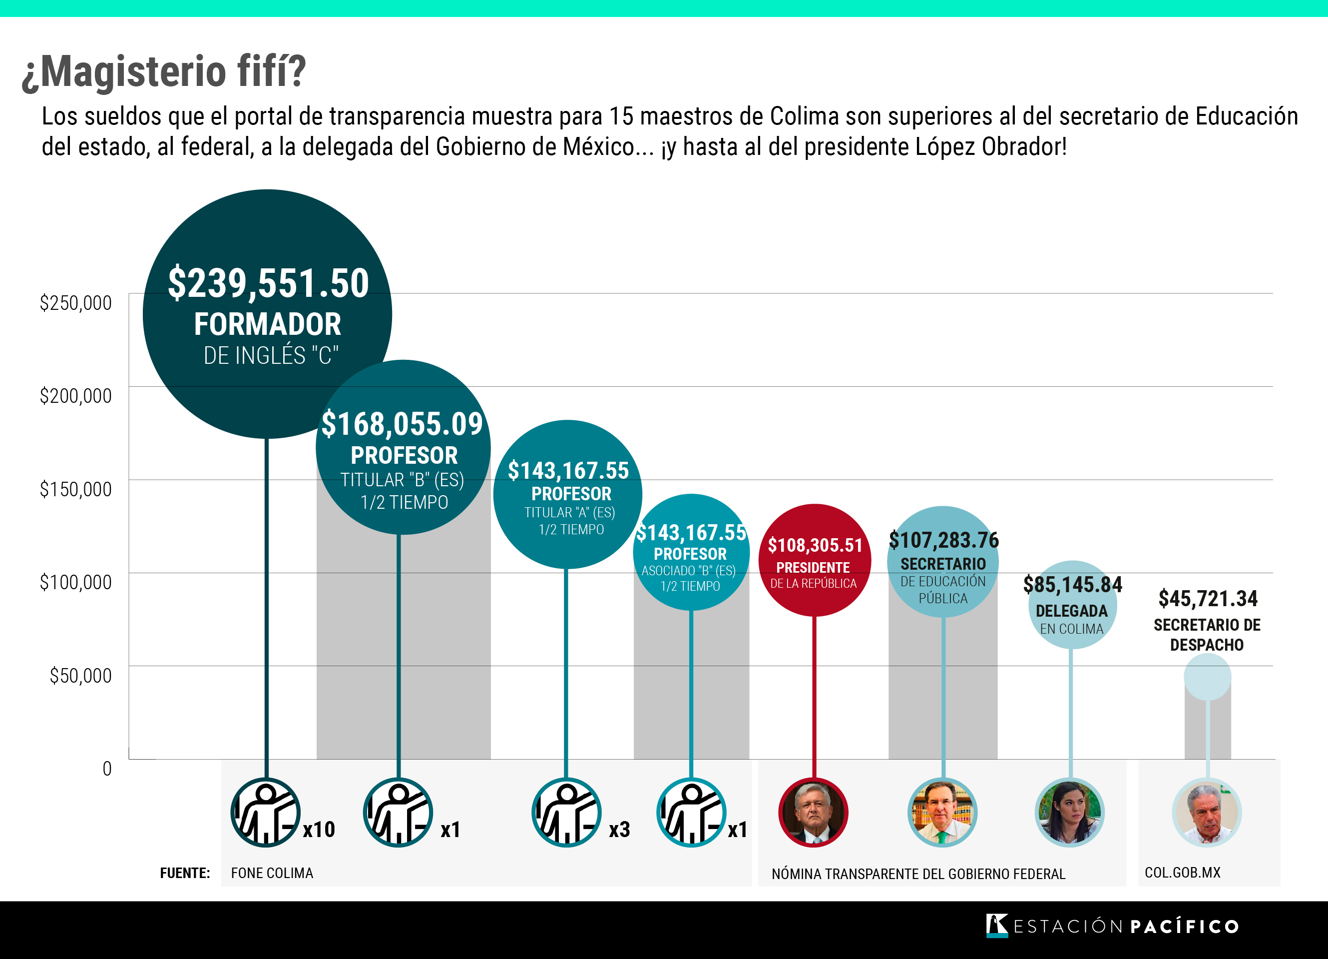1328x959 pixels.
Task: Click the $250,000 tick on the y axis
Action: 75,303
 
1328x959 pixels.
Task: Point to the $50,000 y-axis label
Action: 80,676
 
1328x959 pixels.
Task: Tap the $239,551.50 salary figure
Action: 268,283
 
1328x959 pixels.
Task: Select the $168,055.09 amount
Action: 402,424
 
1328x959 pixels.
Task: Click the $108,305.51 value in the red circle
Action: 815,545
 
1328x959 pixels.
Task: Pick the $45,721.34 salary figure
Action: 1207,599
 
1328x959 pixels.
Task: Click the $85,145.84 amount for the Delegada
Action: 1072,585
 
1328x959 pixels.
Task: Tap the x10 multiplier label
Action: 319,830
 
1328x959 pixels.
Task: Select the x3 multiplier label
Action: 619,830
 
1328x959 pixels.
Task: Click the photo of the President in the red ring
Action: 813,813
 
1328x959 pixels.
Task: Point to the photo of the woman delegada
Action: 1070,813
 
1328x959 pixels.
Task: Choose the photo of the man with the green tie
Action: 942,813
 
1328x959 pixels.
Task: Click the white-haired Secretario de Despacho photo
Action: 1207,813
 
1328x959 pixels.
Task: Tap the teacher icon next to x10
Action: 266,813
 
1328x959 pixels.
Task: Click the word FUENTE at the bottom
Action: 185,874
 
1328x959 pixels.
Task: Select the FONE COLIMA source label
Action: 272,874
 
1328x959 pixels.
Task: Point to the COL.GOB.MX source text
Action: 1182,873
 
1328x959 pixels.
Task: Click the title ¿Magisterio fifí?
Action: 164,71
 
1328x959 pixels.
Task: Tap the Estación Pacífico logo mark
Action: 996,926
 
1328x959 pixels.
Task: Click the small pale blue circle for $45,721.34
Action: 1207,677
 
